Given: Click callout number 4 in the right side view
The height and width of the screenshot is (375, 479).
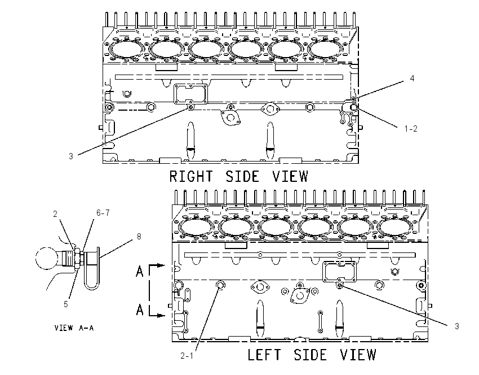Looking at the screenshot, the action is [412, 79].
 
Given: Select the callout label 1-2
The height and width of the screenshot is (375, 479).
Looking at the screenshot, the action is [411, 129].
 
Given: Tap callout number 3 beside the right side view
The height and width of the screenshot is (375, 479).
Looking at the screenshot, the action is [71, 156].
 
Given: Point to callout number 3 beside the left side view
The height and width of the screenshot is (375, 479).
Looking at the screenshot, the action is [456, 326].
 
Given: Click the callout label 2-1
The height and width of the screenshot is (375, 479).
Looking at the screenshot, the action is [187, 356].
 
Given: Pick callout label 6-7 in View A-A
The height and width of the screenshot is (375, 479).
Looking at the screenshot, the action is [103, 213].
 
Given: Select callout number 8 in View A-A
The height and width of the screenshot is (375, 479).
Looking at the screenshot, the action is [139, 236].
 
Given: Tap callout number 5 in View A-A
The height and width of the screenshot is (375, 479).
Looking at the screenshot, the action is [66, 304].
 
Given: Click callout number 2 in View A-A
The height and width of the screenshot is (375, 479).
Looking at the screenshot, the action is [55, 214].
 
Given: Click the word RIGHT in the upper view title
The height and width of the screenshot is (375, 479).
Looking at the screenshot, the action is [191, 176].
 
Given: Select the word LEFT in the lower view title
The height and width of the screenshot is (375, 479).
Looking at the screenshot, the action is [264, 355].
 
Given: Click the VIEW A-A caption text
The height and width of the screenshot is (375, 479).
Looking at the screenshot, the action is [74, 328].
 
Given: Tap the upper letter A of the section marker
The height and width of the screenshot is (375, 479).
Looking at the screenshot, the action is [140, 271].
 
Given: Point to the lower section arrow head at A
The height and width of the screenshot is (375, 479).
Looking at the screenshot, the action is [161, 315].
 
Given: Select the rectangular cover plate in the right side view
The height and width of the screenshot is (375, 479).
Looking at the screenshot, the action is [190, 94].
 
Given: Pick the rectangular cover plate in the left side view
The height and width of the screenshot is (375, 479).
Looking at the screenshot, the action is [340, 272].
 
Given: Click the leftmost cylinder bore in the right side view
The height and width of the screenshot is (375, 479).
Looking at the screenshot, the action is [126, 49].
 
